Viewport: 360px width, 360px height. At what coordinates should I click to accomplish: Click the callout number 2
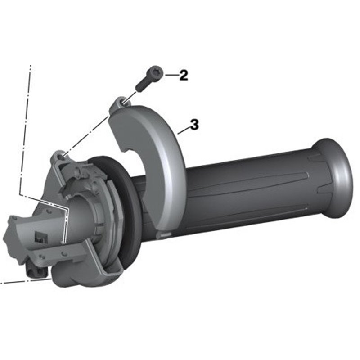pyautogui.click(x=184, y=75)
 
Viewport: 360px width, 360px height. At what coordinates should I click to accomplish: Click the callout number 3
pyautogui.click(x=194, y=125)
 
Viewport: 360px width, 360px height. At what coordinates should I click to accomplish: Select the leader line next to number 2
pyautogui.click(x=172, y=75)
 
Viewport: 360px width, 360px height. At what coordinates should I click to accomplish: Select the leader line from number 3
pyautogui.click(x=184, y=130)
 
